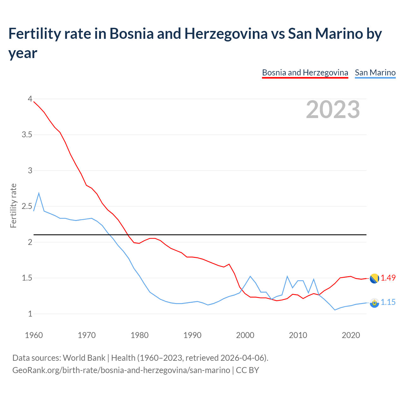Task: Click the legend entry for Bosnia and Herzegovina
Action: point(305,73)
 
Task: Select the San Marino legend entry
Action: point(375,73)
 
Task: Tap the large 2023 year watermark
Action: point(333,110)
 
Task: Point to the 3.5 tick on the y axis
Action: point(27,135)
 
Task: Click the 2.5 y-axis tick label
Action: point(27,206)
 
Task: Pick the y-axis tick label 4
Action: point(30,99)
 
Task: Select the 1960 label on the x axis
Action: point(34,335)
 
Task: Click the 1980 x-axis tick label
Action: point(140,335)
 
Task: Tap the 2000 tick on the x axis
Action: point(245,335)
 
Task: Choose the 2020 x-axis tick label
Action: point(351,335)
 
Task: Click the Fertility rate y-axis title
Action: point(13,205)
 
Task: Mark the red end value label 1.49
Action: point(388,278)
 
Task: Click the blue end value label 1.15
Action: point(388,302)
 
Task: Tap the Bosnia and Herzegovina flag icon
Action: point(374,279)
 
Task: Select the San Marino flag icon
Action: point(374,303)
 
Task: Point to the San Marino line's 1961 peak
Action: point(39,193)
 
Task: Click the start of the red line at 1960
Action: point(34,102)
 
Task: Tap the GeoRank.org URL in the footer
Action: point(121,370)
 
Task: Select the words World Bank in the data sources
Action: point(84,358)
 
